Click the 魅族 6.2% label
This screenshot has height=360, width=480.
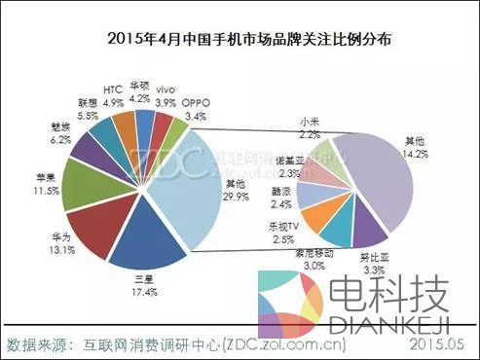(x=57, y=133)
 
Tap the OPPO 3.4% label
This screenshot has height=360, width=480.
(x=195, y=108)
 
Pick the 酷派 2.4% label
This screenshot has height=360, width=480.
(x=279, y=198)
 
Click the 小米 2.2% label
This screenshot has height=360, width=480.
(x=310, y=127)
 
